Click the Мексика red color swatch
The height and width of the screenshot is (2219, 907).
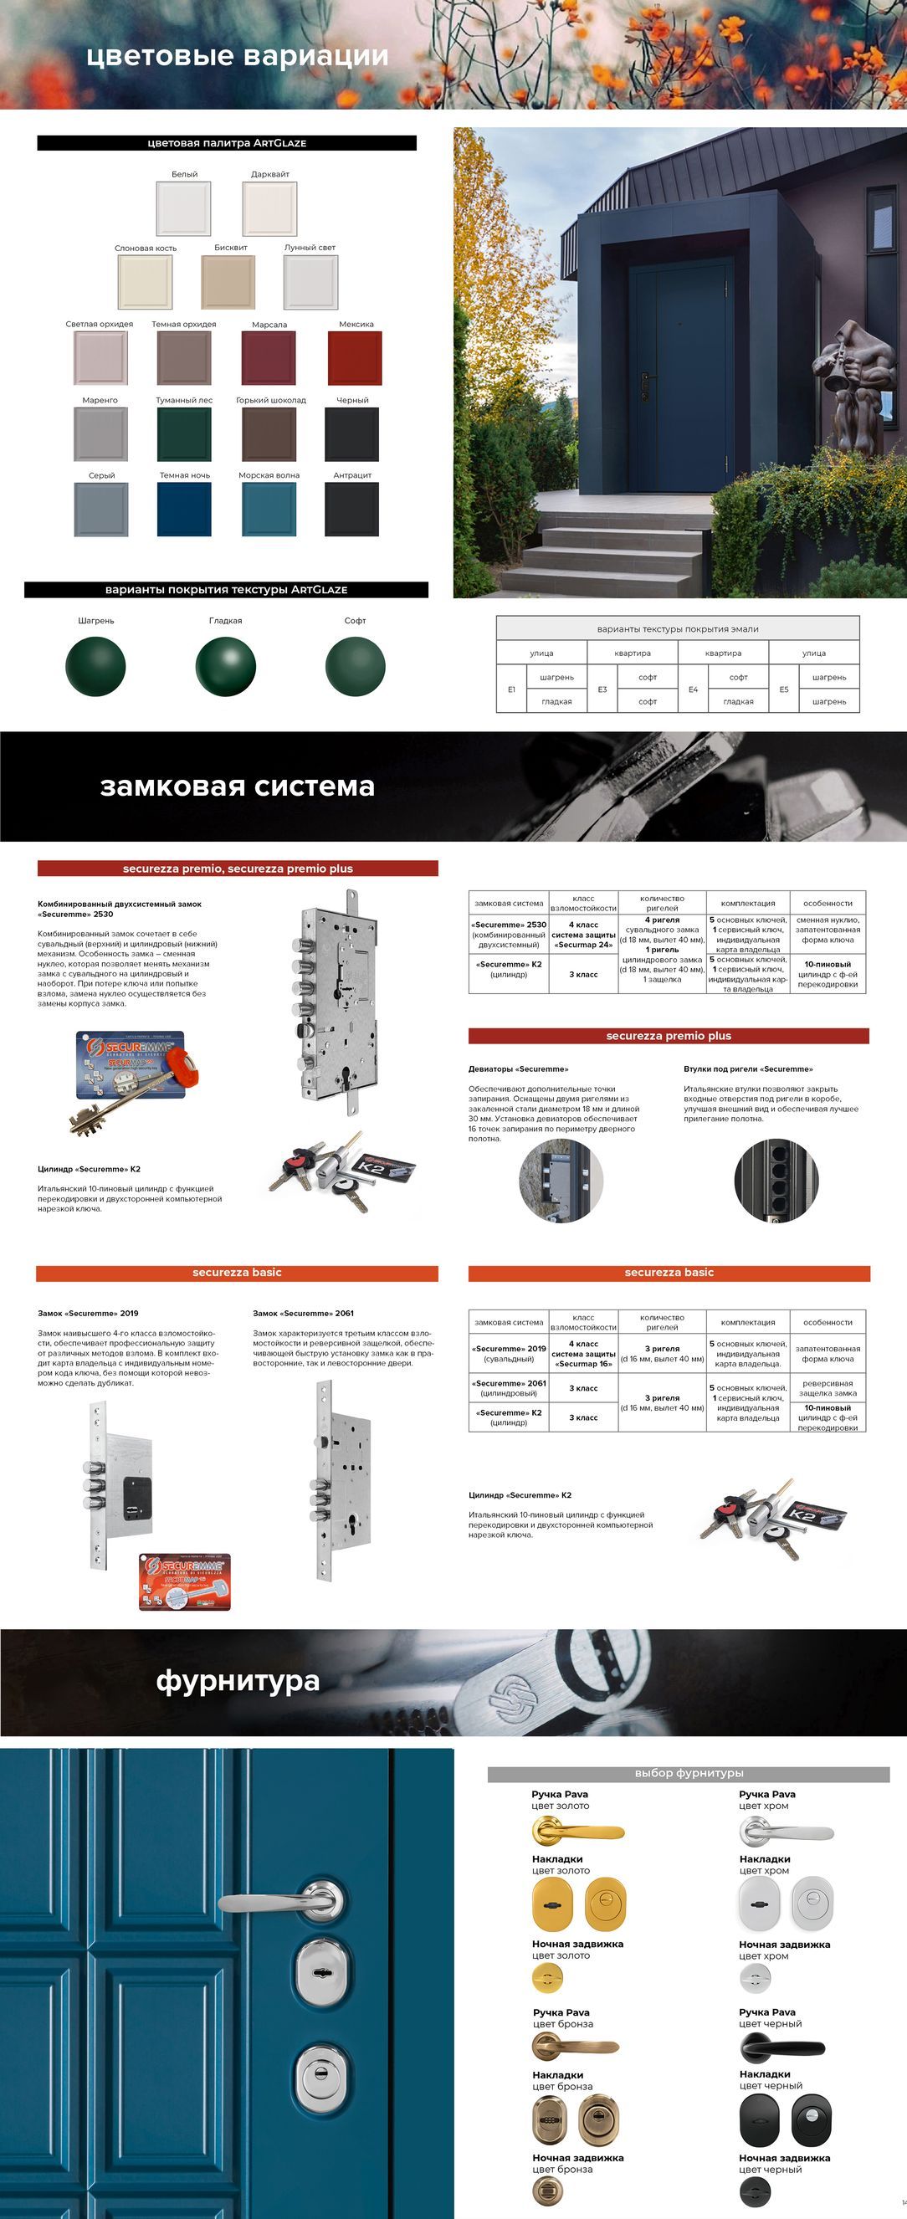pyautogui.click(x=355, y=357)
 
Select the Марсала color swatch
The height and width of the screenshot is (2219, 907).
pyautogui.click(x=269, y=357)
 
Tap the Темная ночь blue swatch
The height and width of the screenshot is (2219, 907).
pyautogui.click(x=184, y=509)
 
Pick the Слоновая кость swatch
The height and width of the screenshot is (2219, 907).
pyautogui.click(x=145, y=282)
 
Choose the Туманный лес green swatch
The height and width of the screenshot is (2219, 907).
pyautogui.click(x=184, y=433)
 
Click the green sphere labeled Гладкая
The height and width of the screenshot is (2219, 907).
pyautogui.click(x=226, y=666)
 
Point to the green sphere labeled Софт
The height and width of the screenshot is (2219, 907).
pyautogui.click(x=355, y=666)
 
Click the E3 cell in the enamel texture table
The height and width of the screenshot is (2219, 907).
pyautogui.click(x=602, y=689)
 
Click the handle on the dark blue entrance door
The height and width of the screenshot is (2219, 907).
pyautogui.click(x=645, y=380)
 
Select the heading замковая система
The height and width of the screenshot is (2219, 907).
pyautogui.click(x=237, y=787)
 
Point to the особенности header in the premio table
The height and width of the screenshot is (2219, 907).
pyautogui.click(x=828, y=904)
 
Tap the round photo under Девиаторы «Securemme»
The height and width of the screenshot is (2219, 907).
pyautogui.click(x=561, y=1180)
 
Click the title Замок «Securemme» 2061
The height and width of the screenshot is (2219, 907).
pyautogui.click(x=303, y=1313)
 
